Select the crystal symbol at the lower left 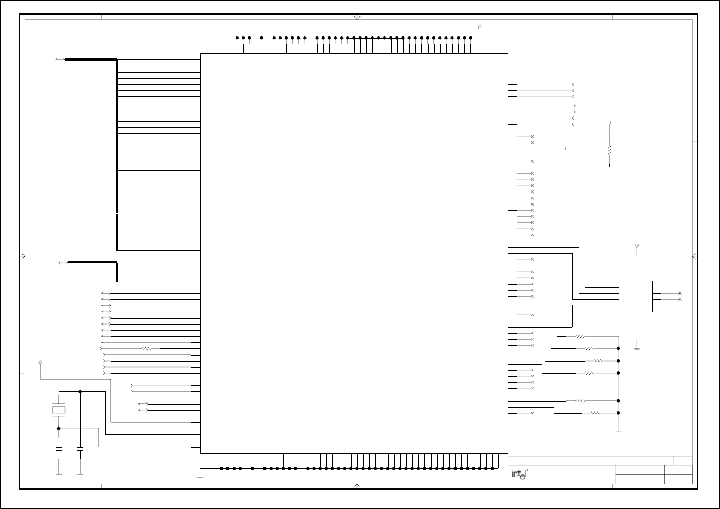pos(59,410)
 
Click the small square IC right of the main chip pos(635,297)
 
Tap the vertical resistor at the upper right pos(609,149)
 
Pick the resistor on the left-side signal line pos(146,349)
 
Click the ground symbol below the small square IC pos(637,348)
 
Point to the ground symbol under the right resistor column pos(618,432)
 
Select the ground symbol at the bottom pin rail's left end pos(200,478)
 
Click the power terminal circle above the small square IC pos(637,246)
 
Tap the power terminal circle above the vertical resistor pos(609,123)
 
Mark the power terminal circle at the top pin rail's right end pos(480,27)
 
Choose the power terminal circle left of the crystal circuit pos(40,362)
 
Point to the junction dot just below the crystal pos(59,428)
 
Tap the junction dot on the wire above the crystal pos(80,391)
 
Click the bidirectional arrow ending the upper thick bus pos(59,59)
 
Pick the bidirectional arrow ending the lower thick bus pos(63,262)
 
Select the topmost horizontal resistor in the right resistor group pos(580,336)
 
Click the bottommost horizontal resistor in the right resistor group pos(595,413)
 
